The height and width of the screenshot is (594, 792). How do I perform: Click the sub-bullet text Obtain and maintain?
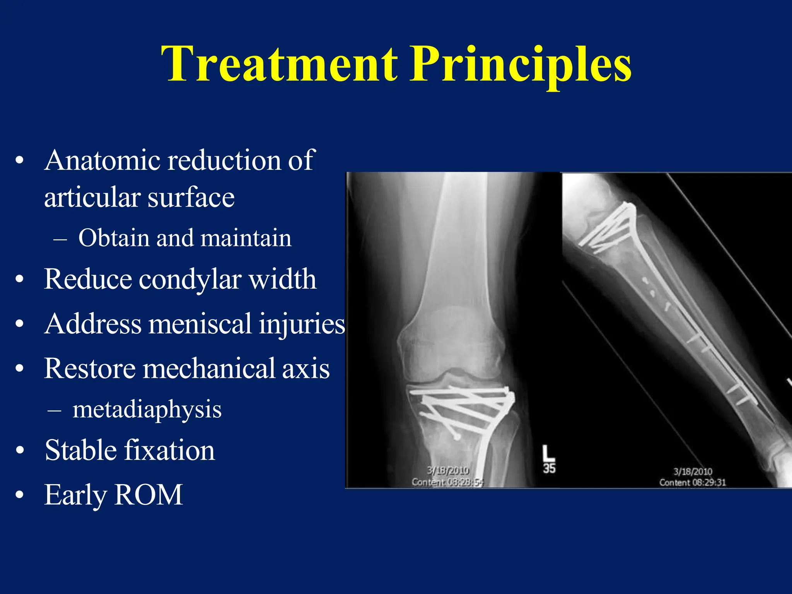184,238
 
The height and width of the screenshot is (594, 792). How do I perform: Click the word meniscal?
200,324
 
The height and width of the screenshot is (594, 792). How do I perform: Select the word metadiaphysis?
147,410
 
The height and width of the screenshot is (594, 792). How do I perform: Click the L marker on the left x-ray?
548,452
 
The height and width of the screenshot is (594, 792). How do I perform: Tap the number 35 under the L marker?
549,469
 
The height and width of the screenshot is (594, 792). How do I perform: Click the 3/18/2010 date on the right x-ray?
693,471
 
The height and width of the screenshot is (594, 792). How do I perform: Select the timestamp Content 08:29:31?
692,483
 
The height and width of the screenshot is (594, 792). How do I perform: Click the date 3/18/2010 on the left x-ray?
448,471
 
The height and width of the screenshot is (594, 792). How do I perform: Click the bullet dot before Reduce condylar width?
20,280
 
